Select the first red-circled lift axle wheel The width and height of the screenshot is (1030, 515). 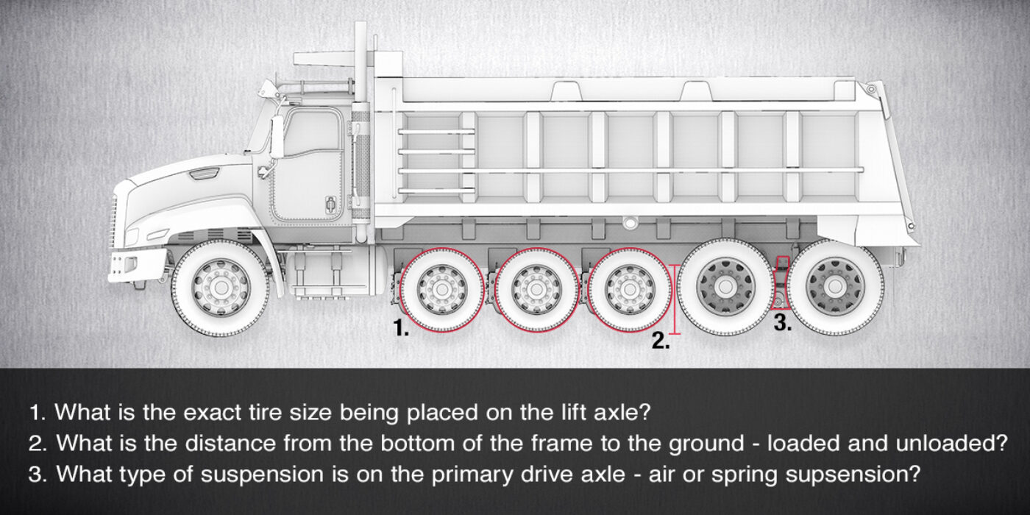pyautogui.click(x=441, y=288)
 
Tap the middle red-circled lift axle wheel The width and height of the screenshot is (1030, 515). pyautogui.click(x=536, y=288)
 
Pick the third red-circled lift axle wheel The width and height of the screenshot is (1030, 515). pyautogui.click(x=630, y=288)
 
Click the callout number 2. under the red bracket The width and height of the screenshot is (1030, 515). pyautogui.click(x=661, y=341)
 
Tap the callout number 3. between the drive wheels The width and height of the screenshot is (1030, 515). pyautogui.click(x=783, y=324)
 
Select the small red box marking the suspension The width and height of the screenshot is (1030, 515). pyautogui.click(x=783, y=262)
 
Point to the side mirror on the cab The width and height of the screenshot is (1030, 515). pyautogui.click(x=277, y=136)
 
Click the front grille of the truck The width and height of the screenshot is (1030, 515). pyautogui.click(x=115, y=221)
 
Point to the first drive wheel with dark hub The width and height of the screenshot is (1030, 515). pyautogui.click(x=722, y=285)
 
